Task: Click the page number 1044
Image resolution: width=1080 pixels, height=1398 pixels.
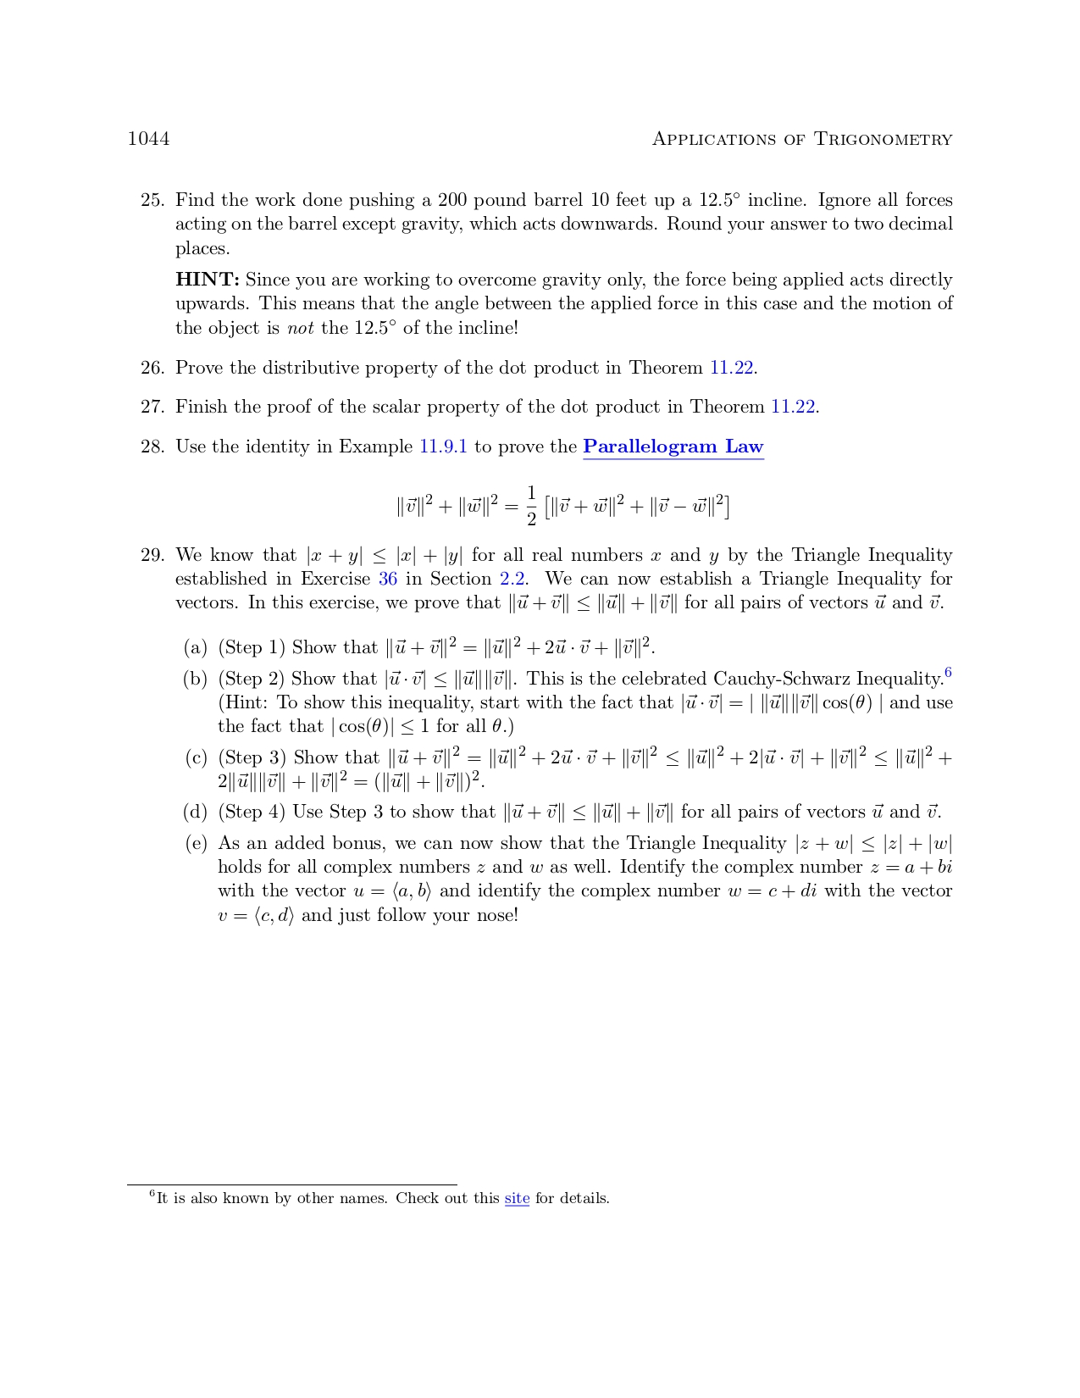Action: (148, 139)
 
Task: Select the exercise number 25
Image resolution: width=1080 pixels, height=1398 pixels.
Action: (152, 200)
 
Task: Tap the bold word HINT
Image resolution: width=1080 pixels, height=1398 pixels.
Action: (207, 280)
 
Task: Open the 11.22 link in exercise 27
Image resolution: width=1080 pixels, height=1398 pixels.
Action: (793, 407)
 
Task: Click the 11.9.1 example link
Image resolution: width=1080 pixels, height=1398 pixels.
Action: (443, 447)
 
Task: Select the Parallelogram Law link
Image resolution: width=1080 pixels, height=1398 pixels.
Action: (673, 447)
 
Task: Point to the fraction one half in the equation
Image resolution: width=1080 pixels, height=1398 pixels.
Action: (531, 506)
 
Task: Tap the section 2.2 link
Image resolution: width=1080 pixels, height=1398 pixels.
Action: (512, 579)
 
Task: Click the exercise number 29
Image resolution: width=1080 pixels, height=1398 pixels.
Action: (152, 555)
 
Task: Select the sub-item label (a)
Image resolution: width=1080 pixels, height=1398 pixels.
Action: (195, 648)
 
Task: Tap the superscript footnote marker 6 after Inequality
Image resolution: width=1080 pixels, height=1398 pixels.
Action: (948, 674)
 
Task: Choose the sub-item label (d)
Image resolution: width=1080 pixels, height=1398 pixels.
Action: (195, 812)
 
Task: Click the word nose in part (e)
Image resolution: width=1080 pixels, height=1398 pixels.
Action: (492, 915)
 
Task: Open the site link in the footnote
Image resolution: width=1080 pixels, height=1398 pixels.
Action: (517, 1198)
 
